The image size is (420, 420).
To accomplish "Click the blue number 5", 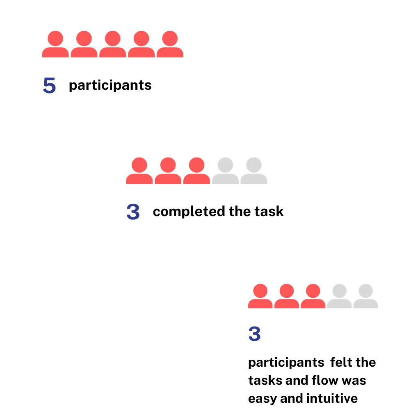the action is point(49,85).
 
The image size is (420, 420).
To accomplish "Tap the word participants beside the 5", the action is point(110,86).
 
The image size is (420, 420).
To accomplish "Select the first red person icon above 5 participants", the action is point(55,44).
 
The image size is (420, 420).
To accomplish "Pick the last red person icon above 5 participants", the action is point(170,44).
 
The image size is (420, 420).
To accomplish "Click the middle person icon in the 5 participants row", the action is point(112,44).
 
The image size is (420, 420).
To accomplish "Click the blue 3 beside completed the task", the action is point(133,212).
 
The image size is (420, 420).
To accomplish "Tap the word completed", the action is point(189,212).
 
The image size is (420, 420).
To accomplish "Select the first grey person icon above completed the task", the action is point(225,170).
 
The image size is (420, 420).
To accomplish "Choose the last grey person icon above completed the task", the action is point(254,170).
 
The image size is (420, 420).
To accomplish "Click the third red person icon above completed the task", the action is point(196,170).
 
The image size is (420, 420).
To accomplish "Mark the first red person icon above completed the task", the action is point(139,170).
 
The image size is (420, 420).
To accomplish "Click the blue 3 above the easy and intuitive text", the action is point(254,334).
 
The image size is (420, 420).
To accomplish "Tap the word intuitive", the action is point(332,398).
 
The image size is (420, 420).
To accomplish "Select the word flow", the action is point(325,380).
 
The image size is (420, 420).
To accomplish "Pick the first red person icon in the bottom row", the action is point(260,296).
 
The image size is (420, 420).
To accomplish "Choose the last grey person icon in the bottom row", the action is point(365,296).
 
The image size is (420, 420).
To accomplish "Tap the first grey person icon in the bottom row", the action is point(339,296).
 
